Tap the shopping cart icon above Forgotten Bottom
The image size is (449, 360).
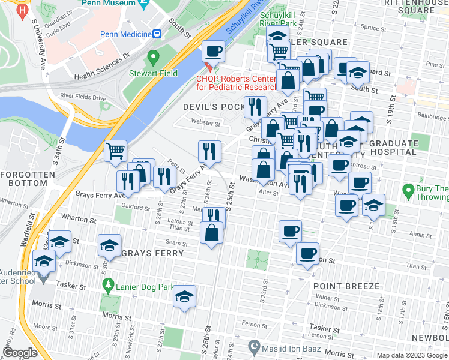pyautogui.click(x=115, y=151)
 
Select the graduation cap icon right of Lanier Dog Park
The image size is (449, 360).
pyautogui.click(x=184, y=296)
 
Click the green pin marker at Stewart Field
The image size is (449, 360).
pyautogui.click(x=153, y=58)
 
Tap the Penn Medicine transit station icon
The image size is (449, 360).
pyautogui.click(x=157, y=34)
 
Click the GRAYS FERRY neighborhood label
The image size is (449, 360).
pyautogui.click(x=152, y=253)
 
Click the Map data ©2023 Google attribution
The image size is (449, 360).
pyautogui.click(x=412, y=355)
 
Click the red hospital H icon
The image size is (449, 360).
pyautogui.click(x=23, y=10)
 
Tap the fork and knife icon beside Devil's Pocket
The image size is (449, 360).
pyautogui.click(x=255, y=107)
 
